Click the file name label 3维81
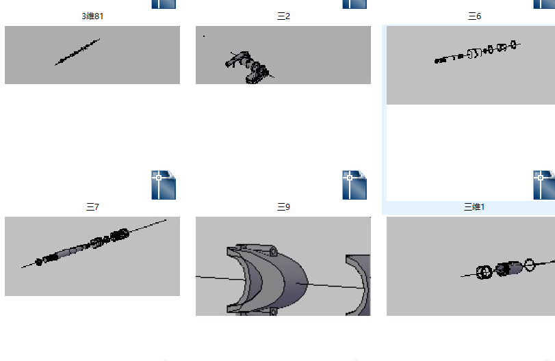click(92, 16)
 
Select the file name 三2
click(283, 16)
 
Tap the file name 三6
click(474, 16)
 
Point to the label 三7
click(92, 207)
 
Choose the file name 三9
click(283, 207)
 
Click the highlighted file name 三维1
click(474, 207)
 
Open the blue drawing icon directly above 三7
click(164, 185)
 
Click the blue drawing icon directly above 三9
click(354, 185)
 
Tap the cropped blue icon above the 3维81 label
click(164, 4)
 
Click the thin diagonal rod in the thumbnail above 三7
click(77, 52)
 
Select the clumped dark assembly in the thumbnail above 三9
click(250, 67)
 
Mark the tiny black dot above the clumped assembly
click(204, 36)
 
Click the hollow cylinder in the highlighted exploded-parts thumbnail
click(474, 53)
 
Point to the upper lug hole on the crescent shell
click(273, 252)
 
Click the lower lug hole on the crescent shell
click(273, 312)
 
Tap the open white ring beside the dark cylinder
click(529, 265)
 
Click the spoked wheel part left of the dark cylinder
click(484, 272)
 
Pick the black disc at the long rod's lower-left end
click(38, 262)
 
